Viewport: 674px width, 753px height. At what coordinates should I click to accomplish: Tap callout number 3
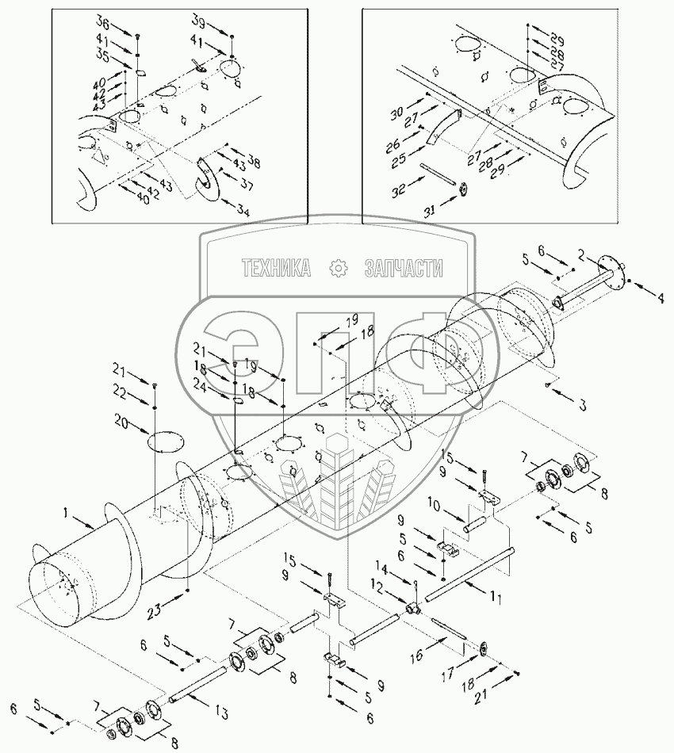582,405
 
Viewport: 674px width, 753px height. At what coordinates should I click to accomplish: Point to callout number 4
661,298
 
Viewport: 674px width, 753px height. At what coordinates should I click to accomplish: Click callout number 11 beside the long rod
496,598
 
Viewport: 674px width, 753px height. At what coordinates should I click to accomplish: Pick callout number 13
221,713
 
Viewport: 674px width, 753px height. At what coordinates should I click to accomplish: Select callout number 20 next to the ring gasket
122,423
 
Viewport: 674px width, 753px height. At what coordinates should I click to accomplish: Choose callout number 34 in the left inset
243,210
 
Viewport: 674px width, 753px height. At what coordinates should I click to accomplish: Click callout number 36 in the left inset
103,21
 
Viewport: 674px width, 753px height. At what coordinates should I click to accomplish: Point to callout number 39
199,21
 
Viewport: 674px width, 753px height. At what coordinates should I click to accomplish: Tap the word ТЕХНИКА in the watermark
276,267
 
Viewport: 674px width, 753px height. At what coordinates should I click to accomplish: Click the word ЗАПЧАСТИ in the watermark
404,267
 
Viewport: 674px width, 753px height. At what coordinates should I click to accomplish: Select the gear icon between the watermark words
338,267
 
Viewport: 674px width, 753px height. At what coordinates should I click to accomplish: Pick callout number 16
416,655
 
